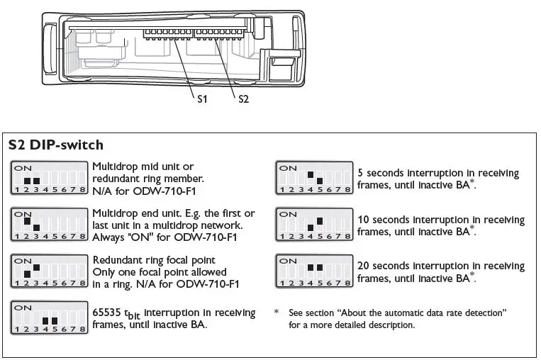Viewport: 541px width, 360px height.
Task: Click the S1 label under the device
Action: tap(202, 99)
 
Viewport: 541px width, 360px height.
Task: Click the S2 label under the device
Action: tap(243, 99)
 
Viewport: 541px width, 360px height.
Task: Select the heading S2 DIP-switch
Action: tap(55, 145)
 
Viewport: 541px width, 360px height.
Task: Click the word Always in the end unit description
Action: tap(108, 237)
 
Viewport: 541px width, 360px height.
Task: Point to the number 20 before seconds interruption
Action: tap(363, 266)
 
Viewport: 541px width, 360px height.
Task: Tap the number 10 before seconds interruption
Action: tap(363, 220)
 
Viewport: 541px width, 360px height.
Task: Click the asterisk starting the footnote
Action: tap(277, 312)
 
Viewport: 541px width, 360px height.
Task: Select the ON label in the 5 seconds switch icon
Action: tap(287, 168)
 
